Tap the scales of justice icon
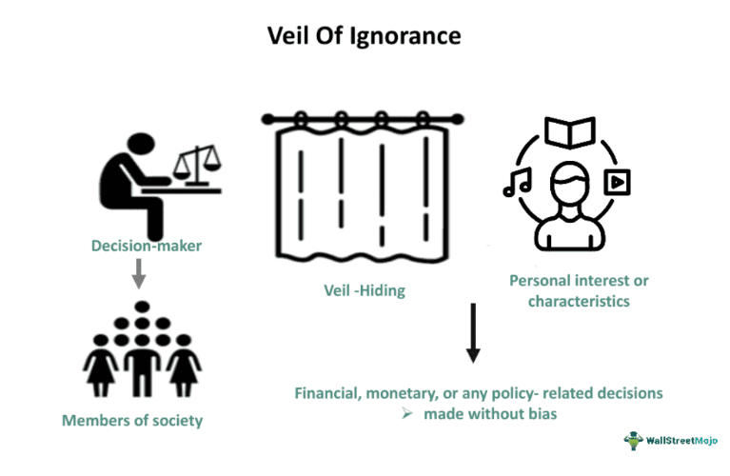pyautogui.click(x=198, y=164)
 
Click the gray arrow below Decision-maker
pyautogui.click(x=139, y=275)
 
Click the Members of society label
pyautogui.click(x=132, y=420)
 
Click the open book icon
pyautogui.click(x=568, y=133)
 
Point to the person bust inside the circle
pyautogui.click(x=568, y=205)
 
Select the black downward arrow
pyautogui.click(x=473, y=333)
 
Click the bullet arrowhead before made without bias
pyautogui.click(x=406, y=414)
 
